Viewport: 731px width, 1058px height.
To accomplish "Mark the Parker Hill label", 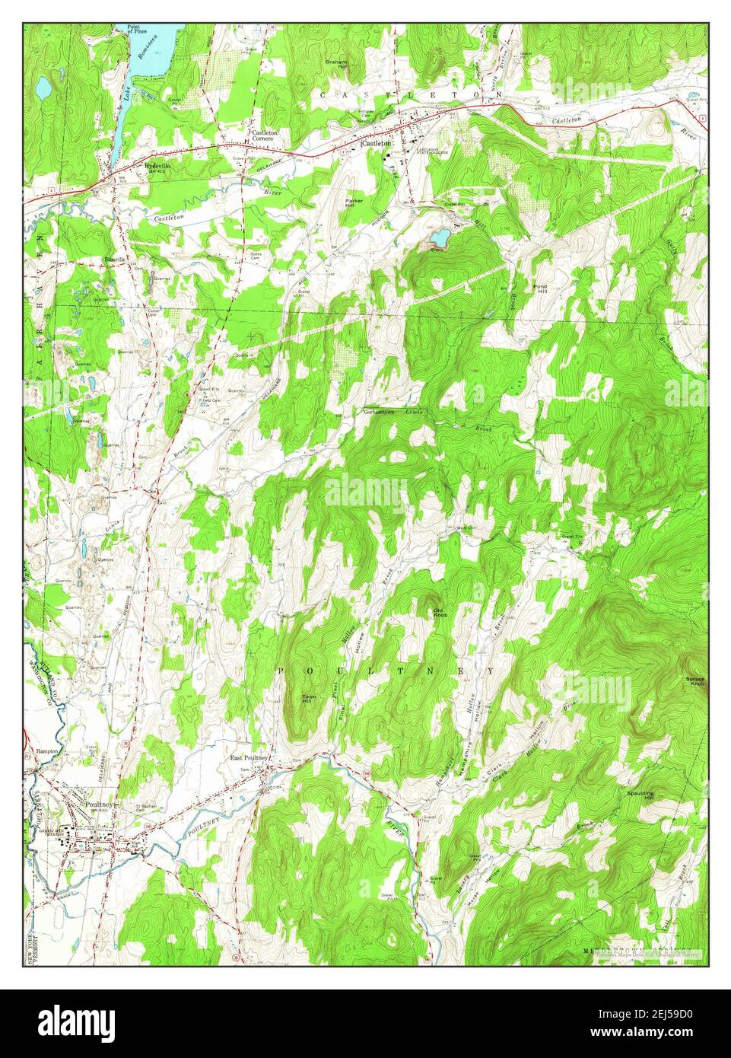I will click(x=355, y=203).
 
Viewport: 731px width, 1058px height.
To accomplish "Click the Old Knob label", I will click(x=439, y=612).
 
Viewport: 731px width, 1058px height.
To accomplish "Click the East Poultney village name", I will click(x=249, y=759).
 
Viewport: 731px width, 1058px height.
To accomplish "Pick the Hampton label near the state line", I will click(x=47, y=750).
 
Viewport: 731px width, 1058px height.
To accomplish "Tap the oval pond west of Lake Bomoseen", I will click(x=43, y=88).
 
